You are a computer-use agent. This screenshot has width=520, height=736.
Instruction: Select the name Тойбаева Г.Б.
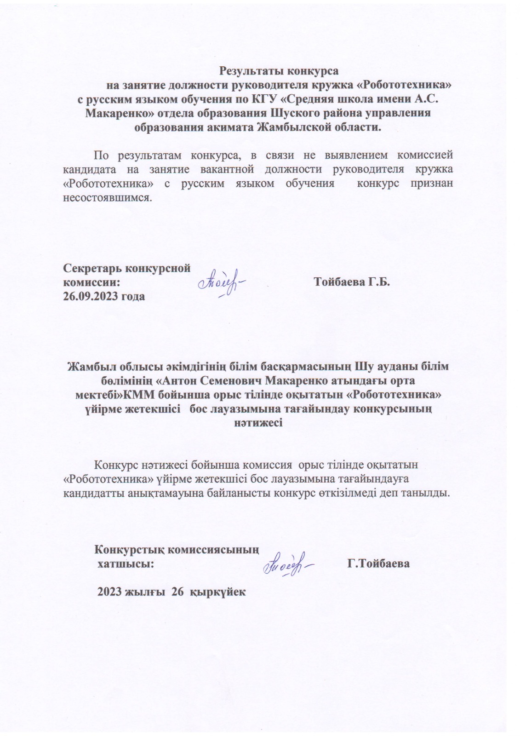tap(351, 282)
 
